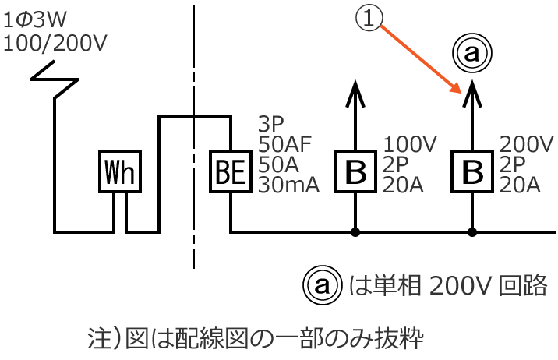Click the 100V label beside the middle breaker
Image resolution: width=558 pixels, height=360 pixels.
(x=411, y=144)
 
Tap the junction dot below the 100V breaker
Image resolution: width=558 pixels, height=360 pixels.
(x=355, y=231)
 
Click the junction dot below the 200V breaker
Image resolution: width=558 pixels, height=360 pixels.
(x=472, y=231)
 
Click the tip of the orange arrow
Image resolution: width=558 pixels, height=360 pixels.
(x=459, y=92)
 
